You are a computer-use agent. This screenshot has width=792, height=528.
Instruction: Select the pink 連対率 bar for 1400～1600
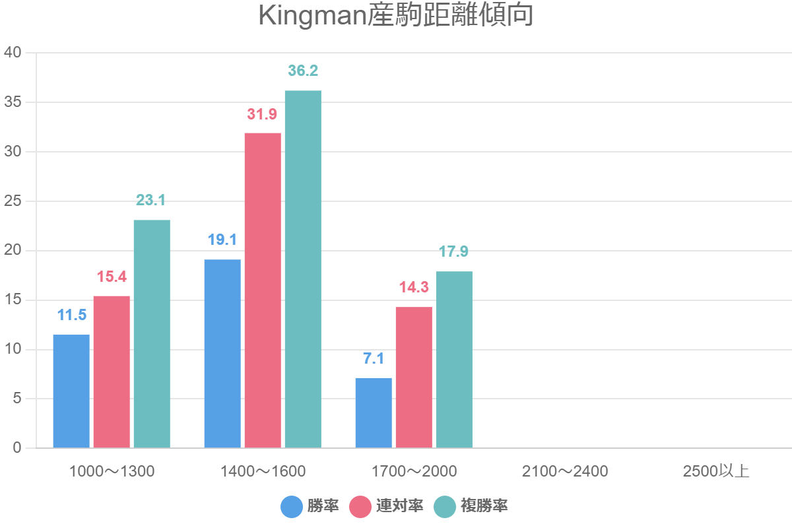[263, 290]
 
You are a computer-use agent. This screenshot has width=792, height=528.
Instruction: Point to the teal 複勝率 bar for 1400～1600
[303, 269]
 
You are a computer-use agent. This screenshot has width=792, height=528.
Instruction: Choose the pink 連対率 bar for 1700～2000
[414, 377]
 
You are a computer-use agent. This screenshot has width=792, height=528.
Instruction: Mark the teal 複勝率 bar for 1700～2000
[454, 359]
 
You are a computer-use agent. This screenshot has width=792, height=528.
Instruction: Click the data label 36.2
[303, 71]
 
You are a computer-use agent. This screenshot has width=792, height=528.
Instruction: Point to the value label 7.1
[374, 358]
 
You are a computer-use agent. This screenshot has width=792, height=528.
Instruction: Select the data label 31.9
[263, 114]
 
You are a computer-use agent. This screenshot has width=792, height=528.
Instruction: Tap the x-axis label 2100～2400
[565, 471]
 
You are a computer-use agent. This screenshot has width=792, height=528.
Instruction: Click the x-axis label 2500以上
[716, 471]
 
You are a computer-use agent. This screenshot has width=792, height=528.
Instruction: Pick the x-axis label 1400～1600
[263, 471]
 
